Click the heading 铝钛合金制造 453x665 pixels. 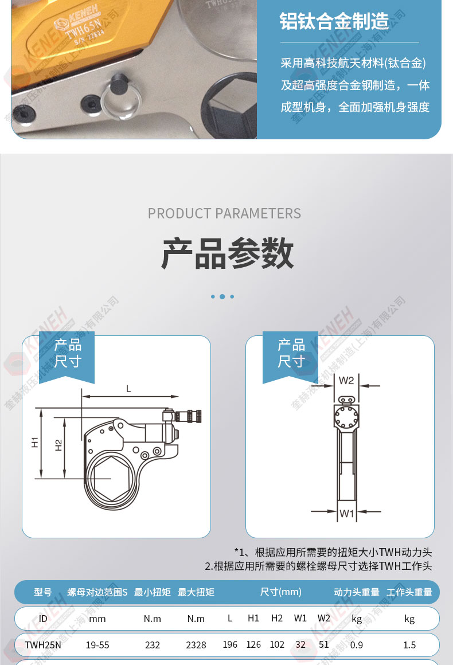(x=334, y=21)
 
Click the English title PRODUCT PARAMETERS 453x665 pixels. (x=224, y=213)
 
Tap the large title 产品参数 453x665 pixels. (x=227, y=253)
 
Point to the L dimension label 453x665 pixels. (x=128, y=389)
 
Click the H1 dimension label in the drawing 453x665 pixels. (x=35, y=443)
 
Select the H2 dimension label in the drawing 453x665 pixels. (x=58, y=445)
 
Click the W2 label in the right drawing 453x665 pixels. (x=346, y=381)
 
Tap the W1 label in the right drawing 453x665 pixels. (x=346, y=514)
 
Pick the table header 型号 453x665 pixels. (x=43, y=592)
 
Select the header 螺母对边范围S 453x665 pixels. (x=97, y=592)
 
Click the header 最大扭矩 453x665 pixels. (x=196, y=592)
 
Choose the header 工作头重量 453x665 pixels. (x=409, y=592)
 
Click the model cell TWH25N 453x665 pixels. (x=43, y=645)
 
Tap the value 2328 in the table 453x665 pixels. (x=196, y=645)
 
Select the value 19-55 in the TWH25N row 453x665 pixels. (x=97, y=645)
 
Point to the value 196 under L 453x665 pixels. (x=230, y=644)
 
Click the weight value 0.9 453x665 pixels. (x=356, y=645)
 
